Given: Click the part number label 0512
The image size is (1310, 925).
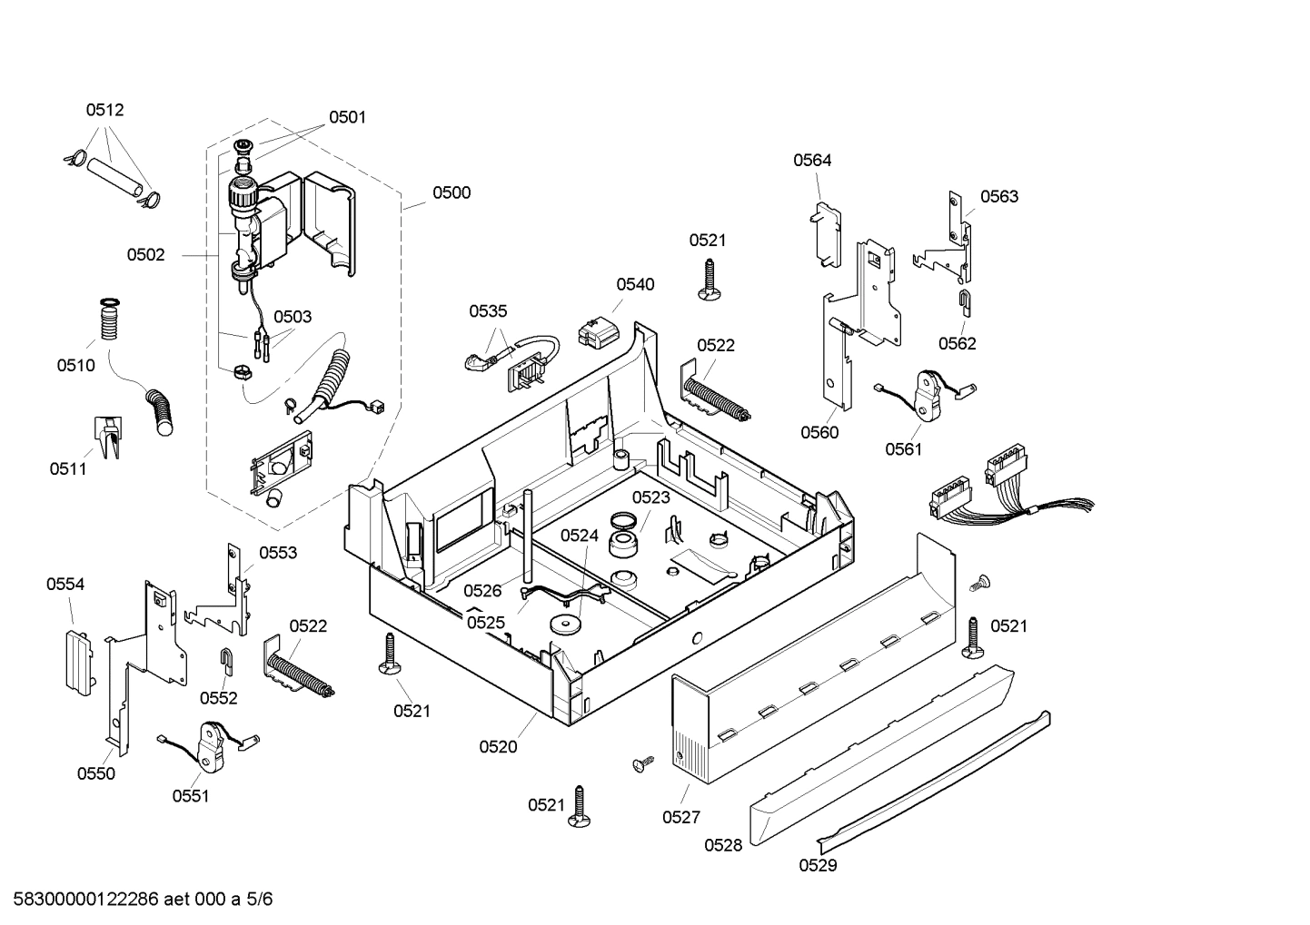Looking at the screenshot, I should tap(104, 110).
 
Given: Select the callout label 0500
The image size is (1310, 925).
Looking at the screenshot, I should tap(451, 192).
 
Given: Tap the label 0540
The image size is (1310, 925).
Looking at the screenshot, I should tap(634, 284).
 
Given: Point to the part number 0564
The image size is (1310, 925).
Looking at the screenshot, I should tap(811, 160).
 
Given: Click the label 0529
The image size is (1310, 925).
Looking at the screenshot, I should tap(818, 865).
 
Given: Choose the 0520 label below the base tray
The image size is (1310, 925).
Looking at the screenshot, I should tap(498, 746).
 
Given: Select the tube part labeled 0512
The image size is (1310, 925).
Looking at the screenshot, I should tap(115, 175).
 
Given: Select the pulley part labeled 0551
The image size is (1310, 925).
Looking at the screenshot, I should tap(213, 743).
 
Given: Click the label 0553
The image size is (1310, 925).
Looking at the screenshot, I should tap(278, 553).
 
